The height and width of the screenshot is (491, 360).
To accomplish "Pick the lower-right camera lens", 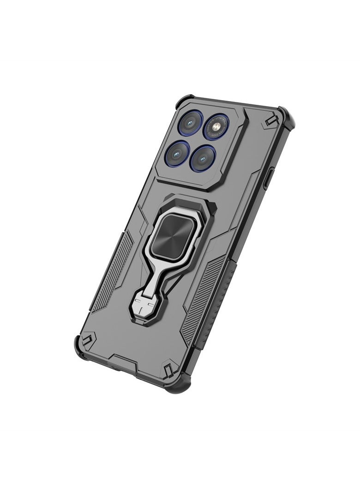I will [x=204, y=157].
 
